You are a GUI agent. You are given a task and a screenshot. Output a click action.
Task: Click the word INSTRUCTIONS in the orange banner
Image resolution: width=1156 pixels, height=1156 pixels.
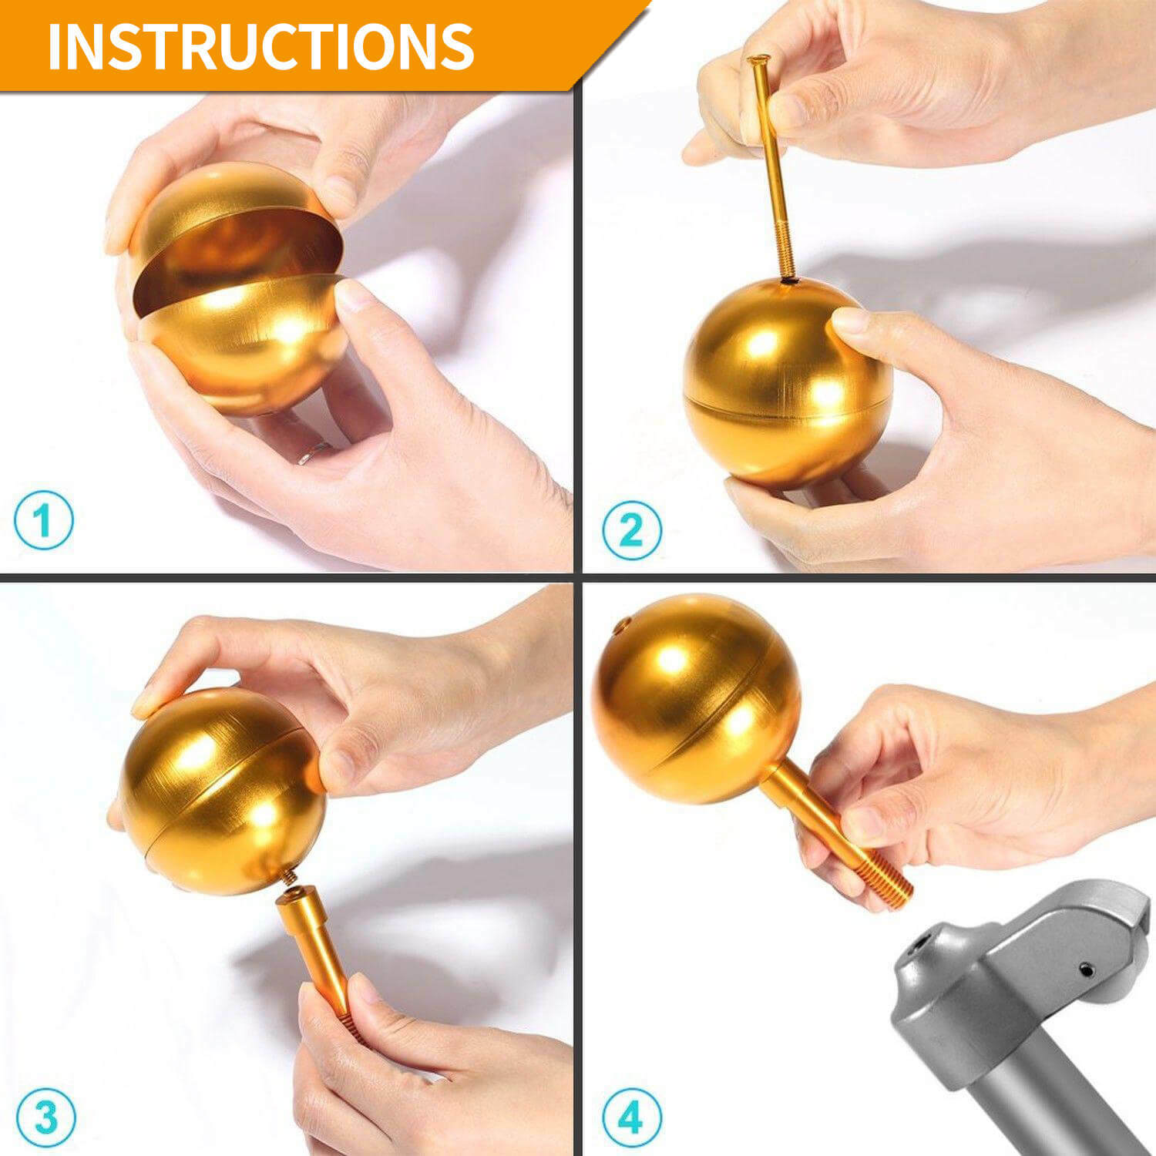[260, 46]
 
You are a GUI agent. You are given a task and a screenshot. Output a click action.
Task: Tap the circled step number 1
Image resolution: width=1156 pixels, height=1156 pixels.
[44, 520]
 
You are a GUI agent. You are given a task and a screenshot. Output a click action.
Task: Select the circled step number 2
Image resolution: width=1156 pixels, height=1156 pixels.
[631, 530]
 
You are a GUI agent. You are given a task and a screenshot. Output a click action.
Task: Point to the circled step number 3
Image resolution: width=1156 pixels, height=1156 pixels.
[45, 1117]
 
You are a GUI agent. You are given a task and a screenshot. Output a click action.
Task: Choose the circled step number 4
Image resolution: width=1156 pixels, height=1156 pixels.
[631, 1117]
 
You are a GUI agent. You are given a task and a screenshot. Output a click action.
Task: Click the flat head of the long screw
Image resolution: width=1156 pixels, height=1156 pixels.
[758, 59]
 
